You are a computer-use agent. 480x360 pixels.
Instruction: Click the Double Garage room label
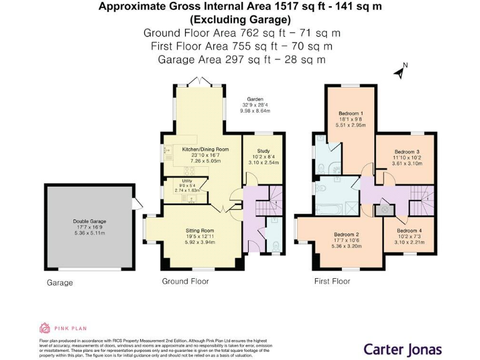coord(88,221)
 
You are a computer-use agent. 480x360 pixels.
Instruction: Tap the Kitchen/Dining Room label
coord(205,149)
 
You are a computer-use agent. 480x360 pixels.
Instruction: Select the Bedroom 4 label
coord(409,231)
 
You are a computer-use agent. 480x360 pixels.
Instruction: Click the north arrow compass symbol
coord(399,71)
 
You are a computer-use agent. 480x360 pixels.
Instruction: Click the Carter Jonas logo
coord(402,349)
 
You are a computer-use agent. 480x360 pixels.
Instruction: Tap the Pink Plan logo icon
coord(45,327)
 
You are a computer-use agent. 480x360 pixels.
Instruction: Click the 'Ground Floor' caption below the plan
coord(185,281)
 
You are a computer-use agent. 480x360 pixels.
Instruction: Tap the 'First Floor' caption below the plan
coord(332,281)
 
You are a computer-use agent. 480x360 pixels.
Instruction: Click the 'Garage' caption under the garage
coord(60,282)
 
